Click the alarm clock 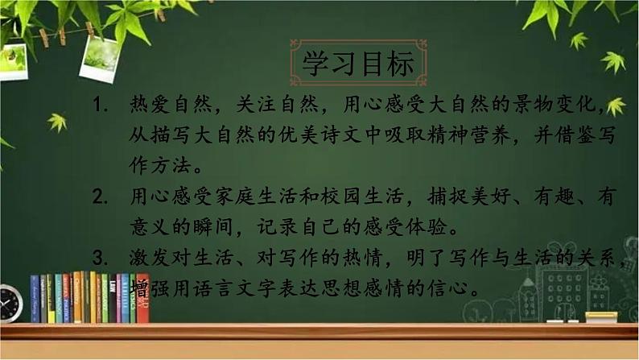click(10, 304)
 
